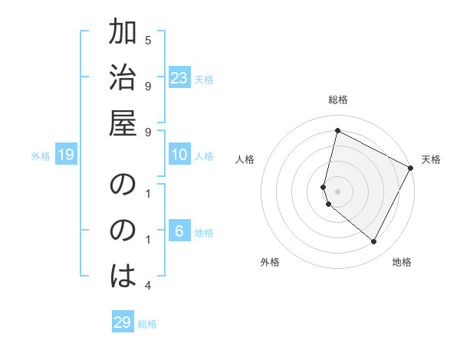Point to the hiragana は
point(123,273)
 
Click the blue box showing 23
point(179,78)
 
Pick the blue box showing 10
point(179,155)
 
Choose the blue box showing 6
point(179,231)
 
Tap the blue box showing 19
point(66,155)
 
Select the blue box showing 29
point(123,322)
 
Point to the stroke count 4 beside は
point(148,286)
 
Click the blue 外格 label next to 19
point(41,156)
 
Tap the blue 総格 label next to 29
point(147,323)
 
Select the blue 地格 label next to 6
point(204,233)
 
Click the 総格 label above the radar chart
point(338,100)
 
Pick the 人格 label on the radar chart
point(245,159)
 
